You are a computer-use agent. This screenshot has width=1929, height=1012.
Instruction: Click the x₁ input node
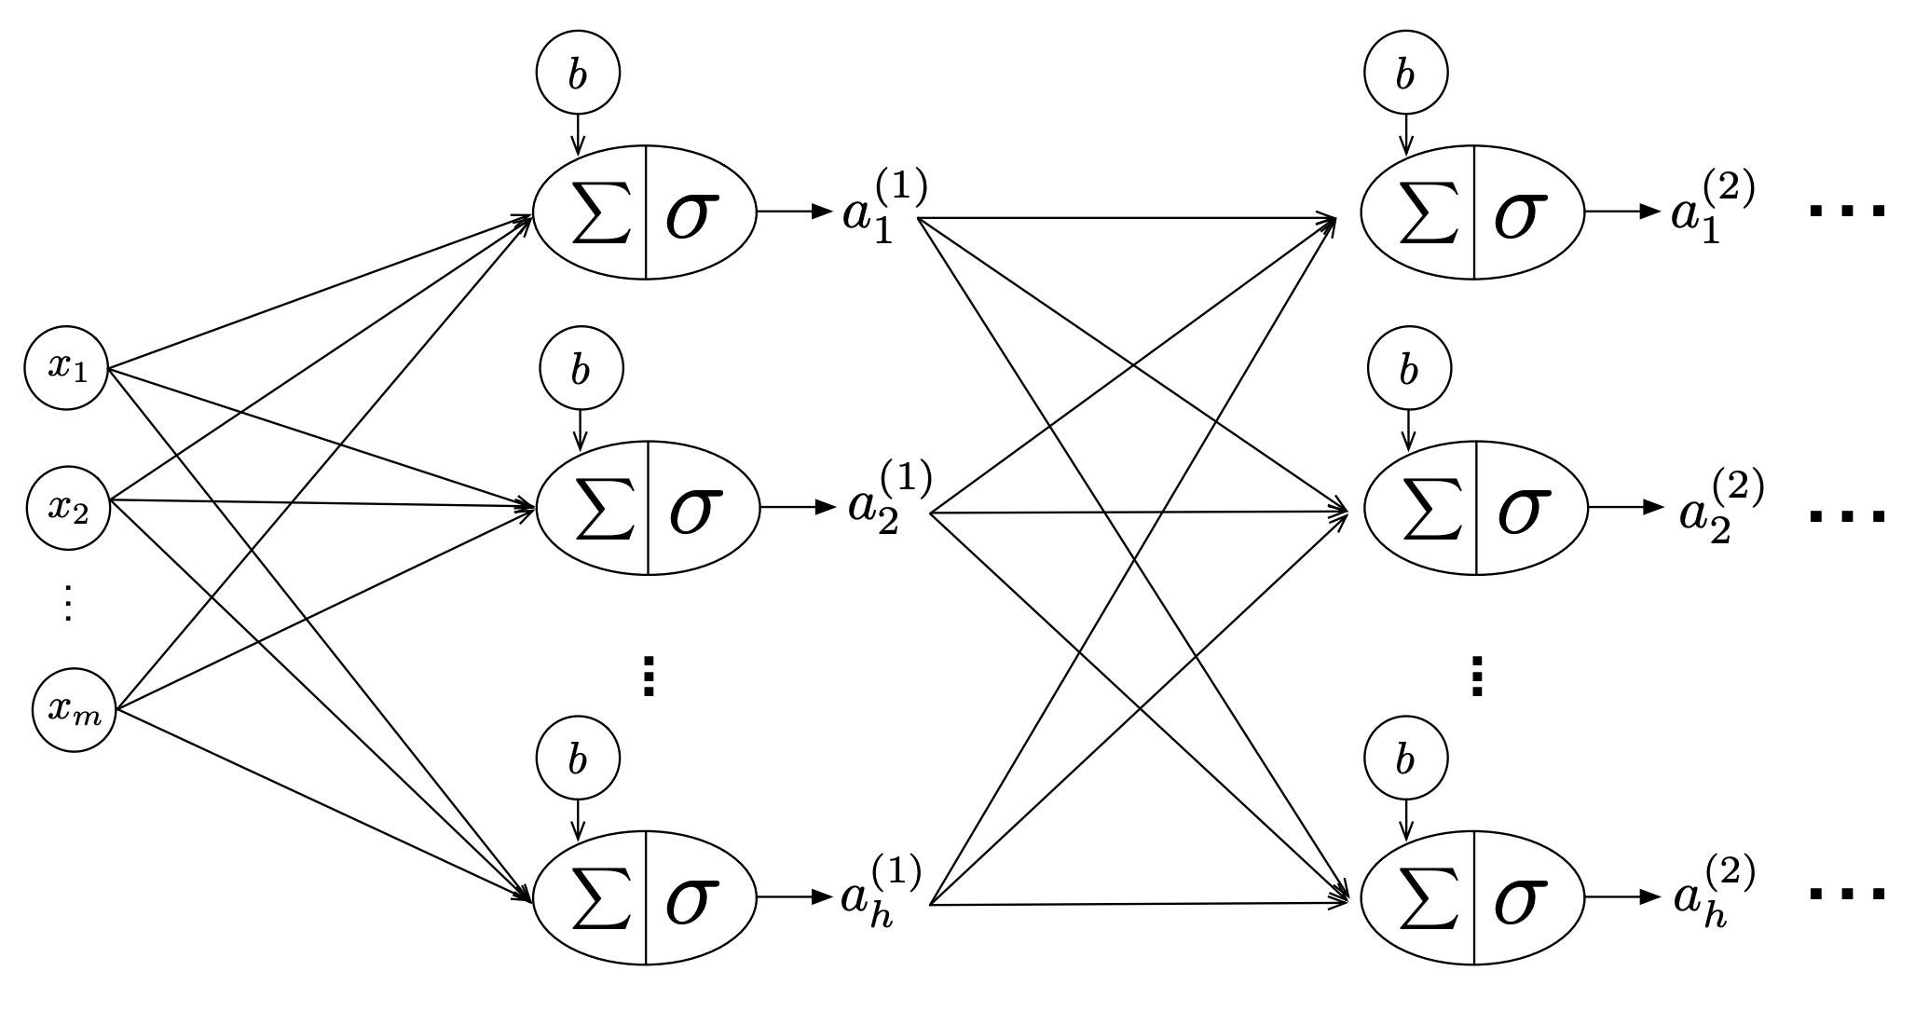[x=67, y=367]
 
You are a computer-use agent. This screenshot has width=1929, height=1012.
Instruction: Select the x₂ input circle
[x=68, y=507]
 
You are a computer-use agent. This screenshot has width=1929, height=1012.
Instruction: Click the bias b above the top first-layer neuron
[x=578, y=73]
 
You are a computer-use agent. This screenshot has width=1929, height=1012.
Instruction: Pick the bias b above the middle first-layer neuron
[x=581, y=369]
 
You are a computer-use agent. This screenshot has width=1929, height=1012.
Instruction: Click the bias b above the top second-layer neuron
[x=1405, y=73]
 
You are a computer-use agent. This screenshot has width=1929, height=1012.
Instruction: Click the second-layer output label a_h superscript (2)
[x=1713, y=893]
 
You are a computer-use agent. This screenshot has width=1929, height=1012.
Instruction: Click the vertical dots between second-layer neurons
[x=1476, y=677]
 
